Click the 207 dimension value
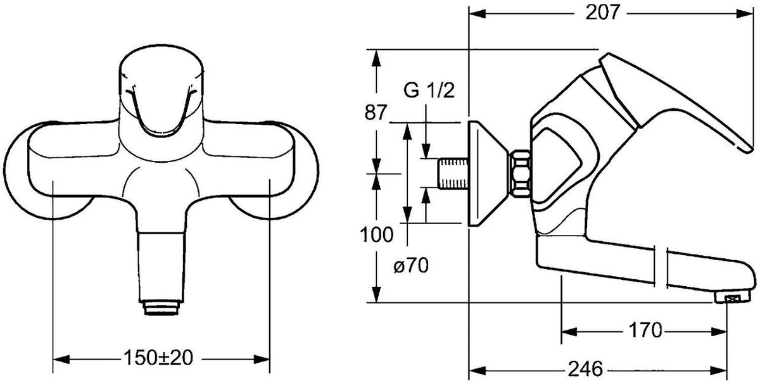click(x=602, y=13)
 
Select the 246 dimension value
click(x=586, y=368)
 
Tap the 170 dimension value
click(x=645, y=330)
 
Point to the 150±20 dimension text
click(x=158, y=358)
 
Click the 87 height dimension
click(x=376, y=113)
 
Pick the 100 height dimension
click(x=377, y=235)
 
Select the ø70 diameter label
click(x=411, y=266)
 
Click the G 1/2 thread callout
click(x=429, y=91)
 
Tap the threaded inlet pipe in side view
click(x=453, y=173)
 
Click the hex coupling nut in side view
click(x=520, y=173)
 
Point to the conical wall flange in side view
click(x=488, y=173)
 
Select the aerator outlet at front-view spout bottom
click(x=161, y=307)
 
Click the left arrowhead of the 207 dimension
click(x=478, y=13)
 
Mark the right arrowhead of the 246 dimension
click(x=718, y=370)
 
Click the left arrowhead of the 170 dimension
click(x=570, y=332)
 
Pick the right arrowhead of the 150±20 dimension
click(x=262, y=359)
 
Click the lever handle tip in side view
click(x=748, y=149)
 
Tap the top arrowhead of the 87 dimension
click(x=376, y=58)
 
